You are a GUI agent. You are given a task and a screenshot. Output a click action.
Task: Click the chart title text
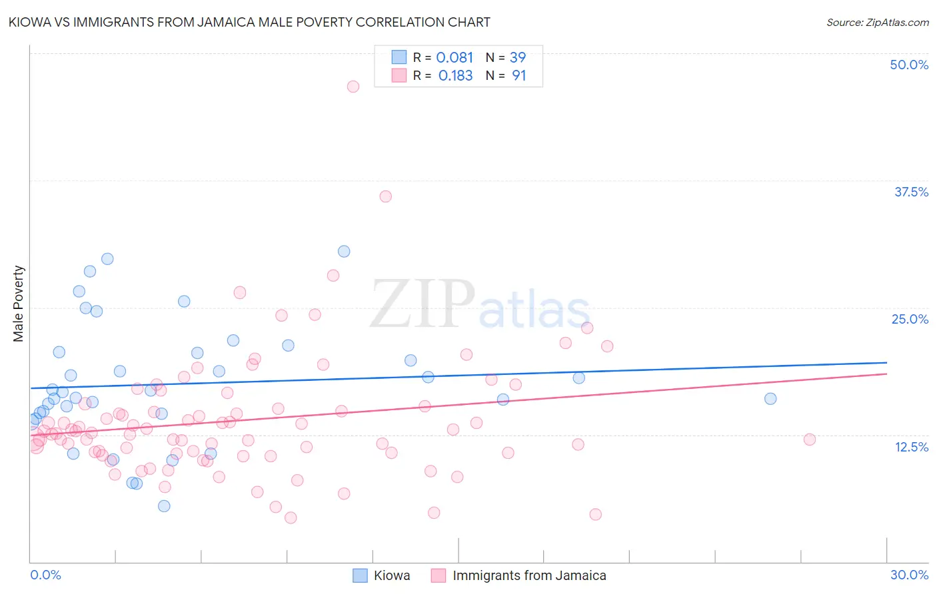[249, 22]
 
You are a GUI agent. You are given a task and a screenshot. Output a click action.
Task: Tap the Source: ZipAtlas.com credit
[877, 22]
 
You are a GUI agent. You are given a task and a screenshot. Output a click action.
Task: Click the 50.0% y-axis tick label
[909, 65]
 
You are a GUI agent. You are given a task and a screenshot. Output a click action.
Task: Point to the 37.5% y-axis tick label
[911, 192]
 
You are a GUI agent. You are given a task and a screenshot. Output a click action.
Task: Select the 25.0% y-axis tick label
[910, 319]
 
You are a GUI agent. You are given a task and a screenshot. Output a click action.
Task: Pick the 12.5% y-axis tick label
[911, 447]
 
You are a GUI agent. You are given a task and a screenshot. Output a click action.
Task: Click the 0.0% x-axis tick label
[45, 575]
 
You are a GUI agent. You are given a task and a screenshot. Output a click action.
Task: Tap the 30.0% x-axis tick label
[909, 575]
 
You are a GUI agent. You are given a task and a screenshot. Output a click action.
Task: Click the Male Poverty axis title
[19, 304]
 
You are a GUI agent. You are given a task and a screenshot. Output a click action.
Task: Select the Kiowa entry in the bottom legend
[391, 575]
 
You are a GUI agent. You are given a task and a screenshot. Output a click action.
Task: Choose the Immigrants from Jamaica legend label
[529, 575]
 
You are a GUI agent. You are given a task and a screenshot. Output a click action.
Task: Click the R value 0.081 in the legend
[455, 58]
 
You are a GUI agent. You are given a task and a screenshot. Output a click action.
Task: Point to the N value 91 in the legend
[518, 76]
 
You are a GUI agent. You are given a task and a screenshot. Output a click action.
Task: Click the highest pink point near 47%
[353, 87]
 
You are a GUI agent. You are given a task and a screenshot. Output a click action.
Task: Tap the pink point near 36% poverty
[385, 196]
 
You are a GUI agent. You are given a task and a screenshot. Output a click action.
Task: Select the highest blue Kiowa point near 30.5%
[344, 251]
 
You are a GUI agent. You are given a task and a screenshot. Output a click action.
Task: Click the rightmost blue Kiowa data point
[770, 399]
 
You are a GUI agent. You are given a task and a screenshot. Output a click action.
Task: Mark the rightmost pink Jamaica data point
[810, 440]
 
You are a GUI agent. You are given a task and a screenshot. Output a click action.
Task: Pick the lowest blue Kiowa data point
[164, 506]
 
